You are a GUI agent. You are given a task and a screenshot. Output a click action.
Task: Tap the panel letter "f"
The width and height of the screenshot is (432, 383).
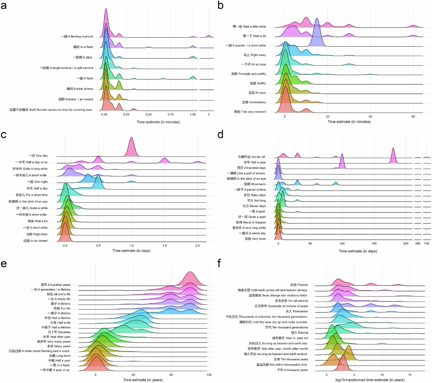pos(219,263)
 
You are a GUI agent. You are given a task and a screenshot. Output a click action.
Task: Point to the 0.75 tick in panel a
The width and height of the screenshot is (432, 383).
pos(171,114)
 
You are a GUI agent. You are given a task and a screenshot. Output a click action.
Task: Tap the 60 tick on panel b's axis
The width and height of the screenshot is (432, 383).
pos(413,116)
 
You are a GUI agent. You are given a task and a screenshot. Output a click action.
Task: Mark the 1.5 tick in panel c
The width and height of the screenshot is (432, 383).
pos(165,245)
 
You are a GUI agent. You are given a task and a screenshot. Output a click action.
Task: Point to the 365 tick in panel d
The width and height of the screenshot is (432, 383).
pos(418,243)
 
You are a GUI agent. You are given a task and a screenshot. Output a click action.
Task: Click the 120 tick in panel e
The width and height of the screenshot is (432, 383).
pos(209,375)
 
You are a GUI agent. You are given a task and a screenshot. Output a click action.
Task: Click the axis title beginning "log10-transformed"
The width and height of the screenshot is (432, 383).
pos(370,380)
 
